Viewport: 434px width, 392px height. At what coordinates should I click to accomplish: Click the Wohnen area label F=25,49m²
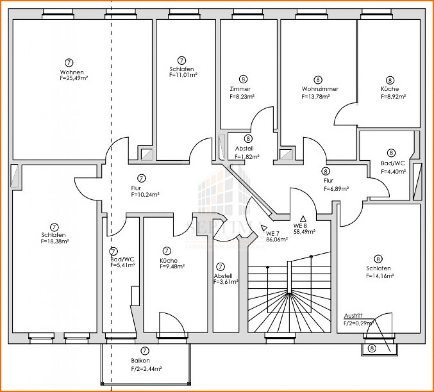click(73, 78)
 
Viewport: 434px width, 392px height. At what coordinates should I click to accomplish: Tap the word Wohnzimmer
click(320, 89)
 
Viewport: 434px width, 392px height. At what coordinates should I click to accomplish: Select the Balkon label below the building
click(140, 360)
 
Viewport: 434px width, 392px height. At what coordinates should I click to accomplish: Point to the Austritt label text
click(353, 316)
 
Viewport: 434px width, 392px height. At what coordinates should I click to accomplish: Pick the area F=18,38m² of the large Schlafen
click(55, 241)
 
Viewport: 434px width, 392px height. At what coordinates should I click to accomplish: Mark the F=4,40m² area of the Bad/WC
click(393, 171)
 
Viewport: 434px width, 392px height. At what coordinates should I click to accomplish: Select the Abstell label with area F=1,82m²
click(244, 149)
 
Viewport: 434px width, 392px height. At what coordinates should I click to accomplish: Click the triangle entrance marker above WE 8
click(303, 219)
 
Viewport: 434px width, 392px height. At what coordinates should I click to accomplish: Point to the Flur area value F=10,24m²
click(145, 194)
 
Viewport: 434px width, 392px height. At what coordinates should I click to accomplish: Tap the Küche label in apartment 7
click(168, 260)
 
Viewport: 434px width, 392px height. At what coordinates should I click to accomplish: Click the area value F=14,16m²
click(380, 276)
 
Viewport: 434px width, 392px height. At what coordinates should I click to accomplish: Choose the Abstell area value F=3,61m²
click(226, 281)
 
